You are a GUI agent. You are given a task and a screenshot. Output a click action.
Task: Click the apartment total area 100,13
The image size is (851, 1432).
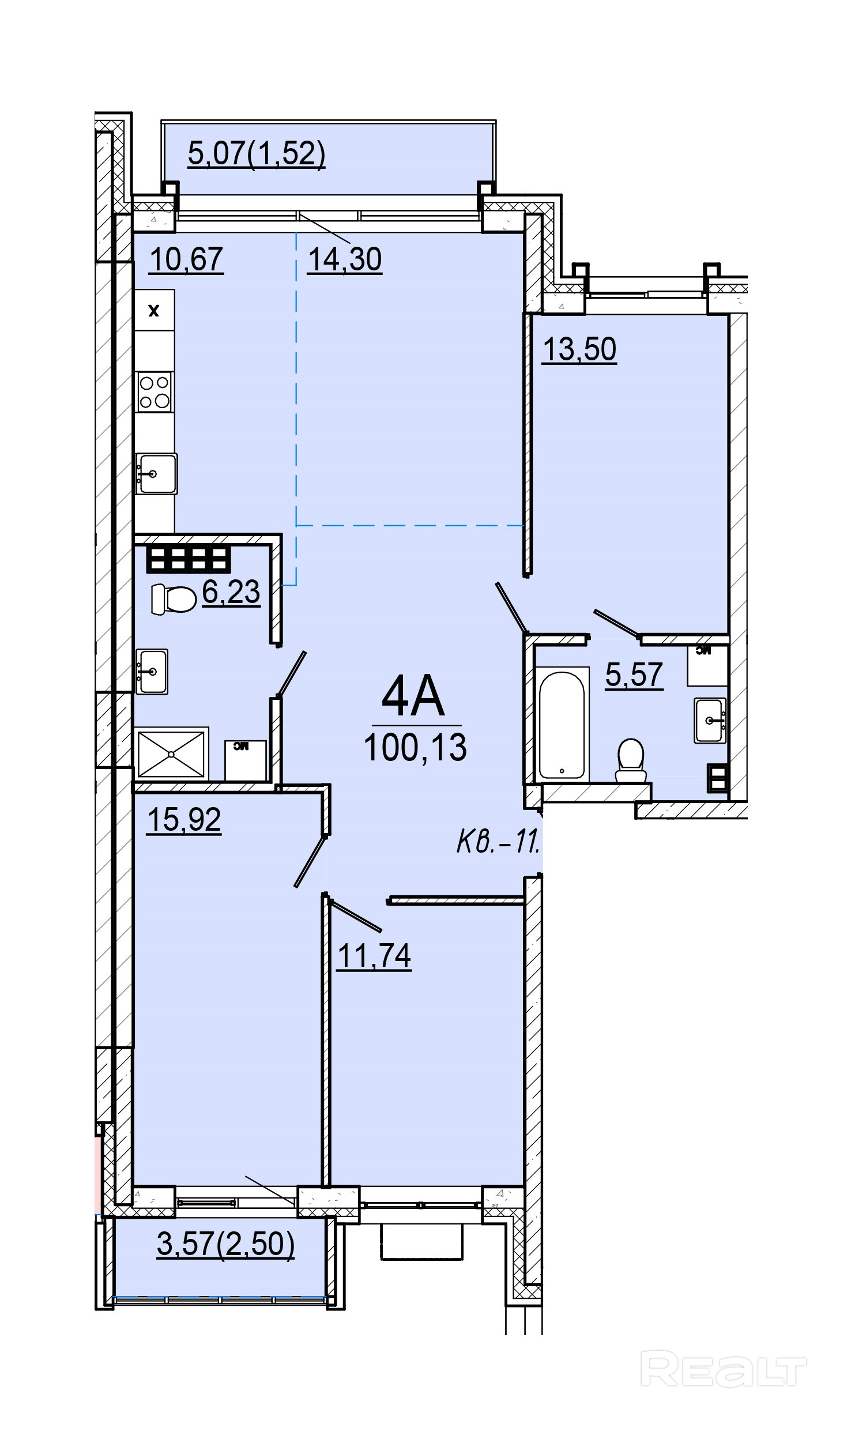415,747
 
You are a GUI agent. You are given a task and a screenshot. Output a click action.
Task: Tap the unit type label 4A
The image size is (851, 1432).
413,698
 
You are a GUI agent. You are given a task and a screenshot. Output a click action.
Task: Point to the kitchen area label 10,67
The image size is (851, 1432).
186,259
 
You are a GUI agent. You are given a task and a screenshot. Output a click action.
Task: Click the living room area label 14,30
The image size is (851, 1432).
345,259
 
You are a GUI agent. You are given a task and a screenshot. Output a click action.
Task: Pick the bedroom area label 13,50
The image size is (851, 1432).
579,349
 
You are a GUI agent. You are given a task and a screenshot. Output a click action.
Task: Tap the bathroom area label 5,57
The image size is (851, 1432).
634,674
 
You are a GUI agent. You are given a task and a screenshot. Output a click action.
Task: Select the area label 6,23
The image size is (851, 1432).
231,591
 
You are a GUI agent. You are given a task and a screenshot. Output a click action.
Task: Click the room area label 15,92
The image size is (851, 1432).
184,819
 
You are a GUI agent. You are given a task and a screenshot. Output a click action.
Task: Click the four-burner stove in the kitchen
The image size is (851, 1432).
155,391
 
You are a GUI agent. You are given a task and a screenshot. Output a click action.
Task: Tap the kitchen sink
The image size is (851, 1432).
156,474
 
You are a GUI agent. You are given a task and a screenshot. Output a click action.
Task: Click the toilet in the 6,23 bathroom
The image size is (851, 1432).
172,600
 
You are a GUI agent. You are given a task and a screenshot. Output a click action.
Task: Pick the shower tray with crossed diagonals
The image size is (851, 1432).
171,753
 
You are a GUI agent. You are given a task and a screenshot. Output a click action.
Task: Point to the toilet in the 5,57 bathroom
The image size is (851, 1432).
630,760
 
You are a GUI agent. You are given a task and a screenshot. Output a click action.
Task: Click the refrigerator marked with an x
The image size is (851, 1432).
154,310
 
